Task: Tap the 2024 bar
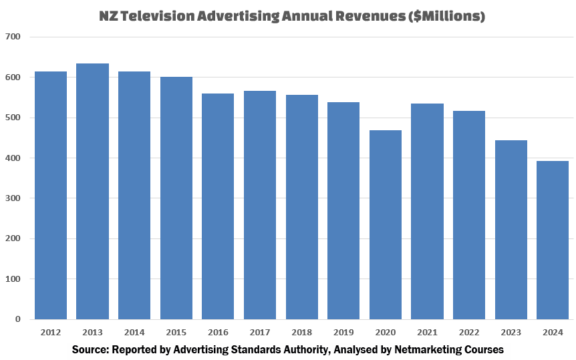553,240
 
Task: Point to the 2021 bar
427,211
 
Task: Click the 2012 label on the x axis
51,332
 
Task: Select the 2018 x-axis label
301,332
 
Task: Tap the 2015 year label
176,332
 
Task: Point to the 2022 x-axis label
468,332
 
